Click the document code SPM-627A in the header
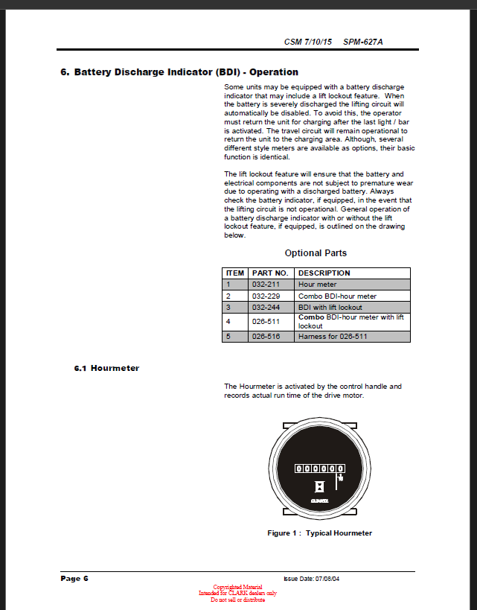point(363,42)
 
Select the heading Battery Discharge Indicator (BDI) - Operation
point(179,72)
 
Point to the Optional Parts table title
point(316,253)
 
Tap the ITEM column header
point(235,273)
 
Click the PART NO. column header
point(270,273)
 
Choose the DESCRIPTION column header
point(324,273)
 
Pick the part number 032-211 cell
point(265,285)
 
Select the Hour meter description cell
point(318,285)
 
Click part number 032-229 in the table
point(265,296)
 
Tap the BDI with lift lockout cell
point(330,307)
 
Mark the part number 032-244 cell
point(265,307)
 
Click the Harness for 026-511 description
point(333,337)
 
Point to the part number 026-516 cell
point(265,337)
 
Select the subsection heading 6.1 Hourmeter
point(107,368)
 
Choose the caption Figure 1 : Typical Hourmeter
point(320,533)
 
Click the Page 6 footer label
point(74,579)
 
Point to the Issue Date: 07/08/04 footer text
point(312,579)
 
